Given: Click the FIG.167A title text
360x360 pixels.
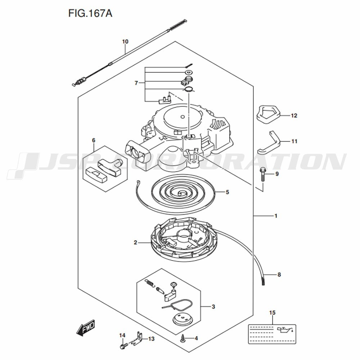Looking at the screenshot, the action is point(90,14).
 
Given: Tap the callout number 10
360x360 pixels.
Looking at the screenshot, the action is point(125,41).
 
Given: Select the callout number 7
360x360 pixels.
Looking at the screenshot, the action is point(136,83).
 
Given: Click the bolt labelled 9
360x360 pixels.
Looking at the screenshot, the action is point(262,174).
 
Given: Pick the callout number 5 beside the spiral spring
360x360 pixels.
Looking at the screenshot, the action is point(227,192).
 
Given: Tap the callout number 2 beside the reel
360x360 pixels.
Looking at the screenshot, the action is point(135,242).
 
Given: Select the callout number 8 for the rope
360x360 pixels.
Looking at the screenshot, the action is point(279,274).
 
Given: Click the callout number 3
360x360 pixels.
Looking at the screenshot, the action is point(213,306).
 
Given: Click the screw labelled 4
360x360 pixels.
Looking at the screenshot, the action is point(183,338).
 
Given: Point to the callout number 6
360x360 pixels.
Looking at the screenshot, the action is point(94,140).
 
